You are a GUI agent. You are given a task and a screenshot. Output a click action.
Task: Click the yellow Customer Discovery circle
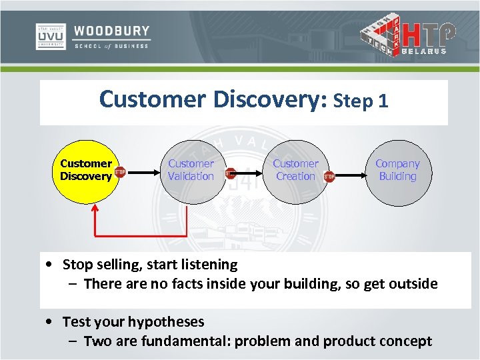click(x=85, y=170)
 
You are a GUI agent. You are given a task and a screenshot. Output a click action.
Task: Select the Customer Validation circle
click(x=191, y=170)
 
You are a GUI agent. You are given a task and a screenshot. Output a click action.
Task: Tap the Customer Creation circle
click(x=295, y=170)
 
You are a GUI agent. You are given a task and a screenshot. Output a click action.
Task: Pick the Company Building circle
click(x=397, y=170)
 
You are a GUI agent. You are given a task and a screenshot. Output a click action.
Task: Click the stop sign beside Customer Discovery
click(x=120, y=172)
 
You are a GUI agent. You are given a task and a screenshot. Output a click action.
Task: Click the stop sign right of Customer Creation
click(x=329, y=177)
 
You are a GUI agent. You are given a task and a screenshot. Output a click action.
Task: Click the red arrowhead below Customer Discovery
click(x=95, y=208)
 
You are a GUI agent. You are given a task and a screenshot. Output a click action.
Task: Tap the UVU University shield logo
click(x=50, y=37)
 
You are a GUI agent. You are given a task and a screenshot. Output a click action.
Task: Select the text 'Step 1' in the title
click(x=361, y=101)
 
